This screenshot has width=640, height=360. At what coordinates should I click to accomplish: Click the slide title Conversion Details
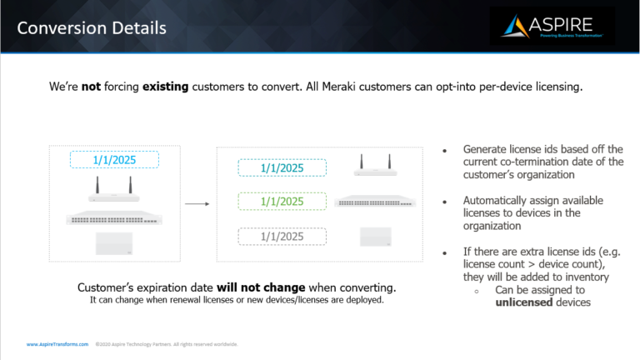point(92,27)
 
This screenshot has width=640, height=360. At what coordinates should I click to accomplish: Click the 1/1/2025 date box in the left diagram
point(114,159)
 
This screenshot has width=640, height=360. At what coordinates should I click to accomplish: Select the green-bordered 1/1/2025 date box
point(282,202)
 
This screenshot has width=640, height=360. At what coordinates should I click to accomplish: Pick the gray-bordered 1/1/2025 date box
point(282,236)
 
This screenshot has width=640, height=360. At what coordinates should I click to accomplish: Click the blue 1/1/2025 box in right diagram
point(282,167)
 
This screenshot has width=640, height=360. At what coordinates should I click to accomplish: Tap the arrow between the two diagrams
point(197,202)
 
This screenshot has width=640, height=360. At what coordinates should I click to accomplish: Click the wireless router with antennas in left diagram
point(115,194)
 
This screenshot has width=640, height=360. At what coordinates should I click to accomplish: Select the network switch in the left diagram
point(115,219)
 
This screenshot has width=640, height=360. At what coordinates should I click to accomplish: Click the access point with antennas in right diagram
point(375,167)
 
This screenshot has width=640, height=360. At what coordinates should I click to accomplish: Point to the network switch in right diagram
point(375,202)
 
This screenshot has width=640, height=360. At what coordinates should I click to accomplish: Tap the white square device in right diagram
point(375,237)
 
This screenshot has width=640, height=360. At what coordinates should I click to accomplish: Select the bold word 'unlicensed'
point(531,302)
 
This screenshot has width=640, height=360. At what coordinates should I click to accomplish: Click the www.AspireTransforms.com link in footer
point(57,344)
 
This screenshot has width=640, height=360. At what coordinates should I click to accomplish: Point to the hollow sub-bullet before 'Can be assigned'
point(476,291)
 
